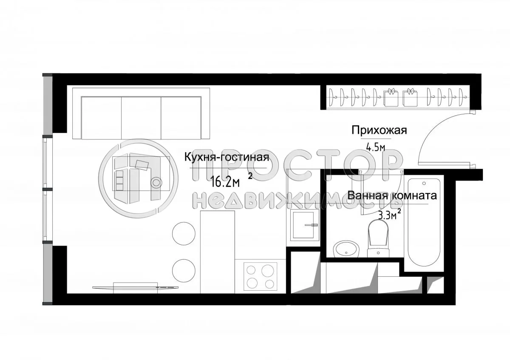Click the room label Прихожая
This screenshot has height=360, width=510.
pyautogui.click(x=379, y=130)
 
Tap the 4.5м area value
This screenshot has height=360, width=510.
pyautogui.click(x=375, y=147)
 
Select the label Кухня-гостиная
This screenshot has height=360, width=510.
pyautogui.click(x=227, y=157)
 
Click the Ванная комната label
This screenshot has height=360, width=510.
pyautogui.click(x=392, y=196)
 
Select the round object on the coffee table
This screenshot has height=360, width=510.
pyautogui.click(x=156, y=182)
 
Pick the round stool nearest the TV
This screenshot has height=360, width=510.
pyautogui.click(x=184, y=269)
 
